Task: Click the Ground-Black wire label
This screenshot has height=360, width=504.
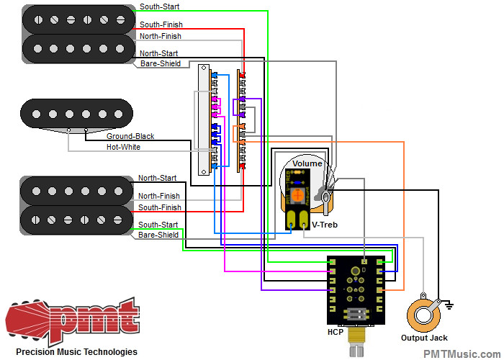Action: (130, 136)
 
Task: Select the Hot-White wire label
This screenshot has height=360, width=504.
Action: (124, 147)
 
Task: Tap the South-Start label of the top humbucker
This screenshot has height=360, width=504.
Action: (160, 6)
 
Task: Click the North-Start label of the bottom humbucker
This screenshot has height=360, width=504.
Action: (157, 178)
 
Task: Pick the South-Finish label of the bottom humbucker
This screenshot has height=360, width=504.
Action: (160, 207)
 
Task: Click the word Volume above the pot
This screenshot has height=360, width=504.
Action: (307, 163)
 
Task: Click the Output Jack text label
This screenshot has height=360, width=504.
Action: (424, 338)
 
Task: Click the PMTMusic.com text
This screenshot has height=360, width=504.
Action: (461, 353)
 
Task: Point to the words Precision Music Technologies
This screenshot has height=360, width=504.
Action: (71, 352)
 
